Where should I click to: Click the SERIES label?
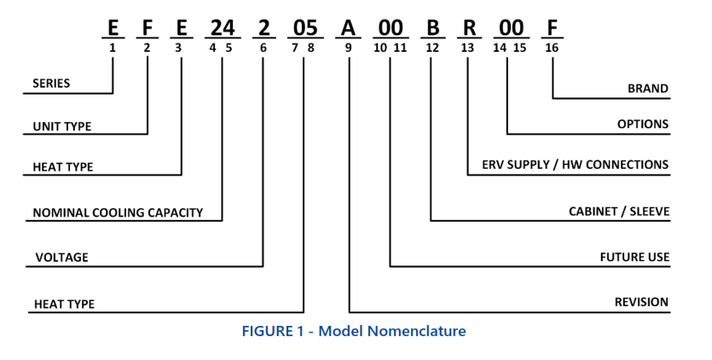click(x=51, y=84)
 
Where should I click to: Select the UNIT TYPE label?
click(x=61, y=127)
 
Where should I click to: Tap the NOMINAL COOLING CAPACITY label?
click(x=119, y=212)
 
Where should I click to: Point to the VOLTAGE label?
click(x=62, y=257)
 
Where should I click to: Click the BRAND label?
click(x=648, y=88)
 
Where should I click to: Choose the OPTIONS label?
click(x=643, y=125)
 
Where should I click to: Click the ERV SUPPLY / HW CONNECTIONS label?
click(x=575, y=165)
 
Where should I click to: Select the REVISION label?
click(x=641, y=302)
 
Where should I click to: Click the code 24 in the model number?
click(x=220, y=29)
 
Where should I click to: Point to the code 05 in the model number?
click(x=304, y=29)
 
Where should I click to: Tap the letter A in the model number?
click(x=348, y=29)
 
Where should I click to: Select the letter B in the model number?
click(x=432, y=29)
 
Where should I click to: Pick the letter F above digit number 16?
click(x=552, y=29)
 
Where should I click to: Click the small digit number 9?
click(x=348, y=49)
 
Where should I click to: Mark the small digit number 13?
click(x=467, y=49)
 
